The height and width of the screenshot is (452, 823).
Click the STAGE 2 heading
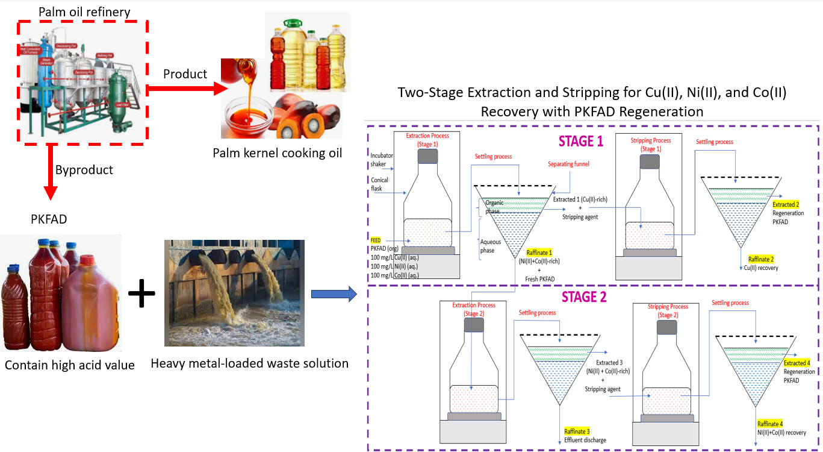coord(584,297)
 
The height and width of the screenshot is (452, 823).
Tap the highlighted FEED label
coord(376,240)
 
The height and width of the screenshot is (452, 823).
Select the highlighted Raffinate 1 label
coord(539,252)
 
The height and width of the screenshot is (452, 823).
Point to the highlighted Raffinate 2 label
coord(760,259)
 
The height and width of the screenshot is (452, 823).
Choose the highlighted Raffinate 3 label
coord(577,431)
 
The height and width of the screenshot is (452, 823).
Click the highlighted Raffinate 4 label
coord(769,424)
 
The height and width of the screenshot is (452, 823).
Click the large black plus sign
coord(142,293)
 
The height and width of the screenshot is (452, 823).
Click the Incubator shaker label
coord(382,159)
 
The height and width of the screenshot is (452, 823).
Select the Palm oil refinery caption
coord(84,11)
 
